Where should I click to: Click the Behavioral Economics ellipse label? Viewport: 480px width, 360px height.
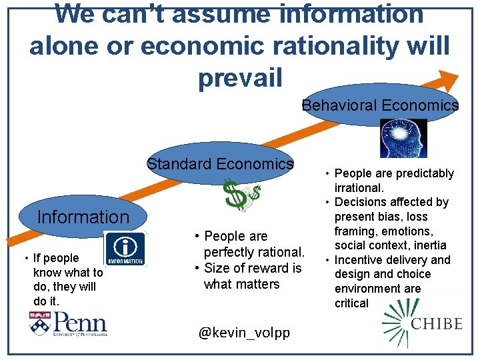pyautogui.click(x=380, y=105)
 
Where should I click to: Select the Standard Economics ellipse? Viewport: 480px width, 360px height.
pyautogui.click(x=220, y=164)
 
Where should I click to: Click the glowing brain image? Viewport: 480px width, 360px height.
pyautogui.click(x=403, y=138)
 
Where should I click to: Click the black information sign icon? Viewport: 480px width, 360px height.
pyautogui.click(x=125, y=249)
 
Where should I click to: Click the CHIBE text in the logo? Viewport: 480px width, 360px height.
pyautogui.click(x=437, y=324)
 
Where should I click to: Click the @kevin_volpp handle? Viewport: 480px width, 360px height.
pyautogui.click(x=244, y=332)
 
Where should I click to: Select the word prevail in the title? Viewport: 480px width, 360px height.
pyautogui.click(x=240, y=77)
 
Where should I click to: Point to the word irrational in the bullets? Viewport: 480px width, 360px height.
pyautogui.click(x=359, y=188)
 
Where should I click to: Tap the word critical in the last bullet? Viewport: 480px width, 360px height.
pyautogui.click(x=351, y=303)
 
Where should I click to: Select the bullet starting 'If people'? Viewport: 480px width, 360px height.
pyautogui.click(x=56, y=258)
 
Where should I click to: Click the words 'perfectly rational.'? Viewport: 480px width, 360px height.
pyautogui.click(x=254, y=252)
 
